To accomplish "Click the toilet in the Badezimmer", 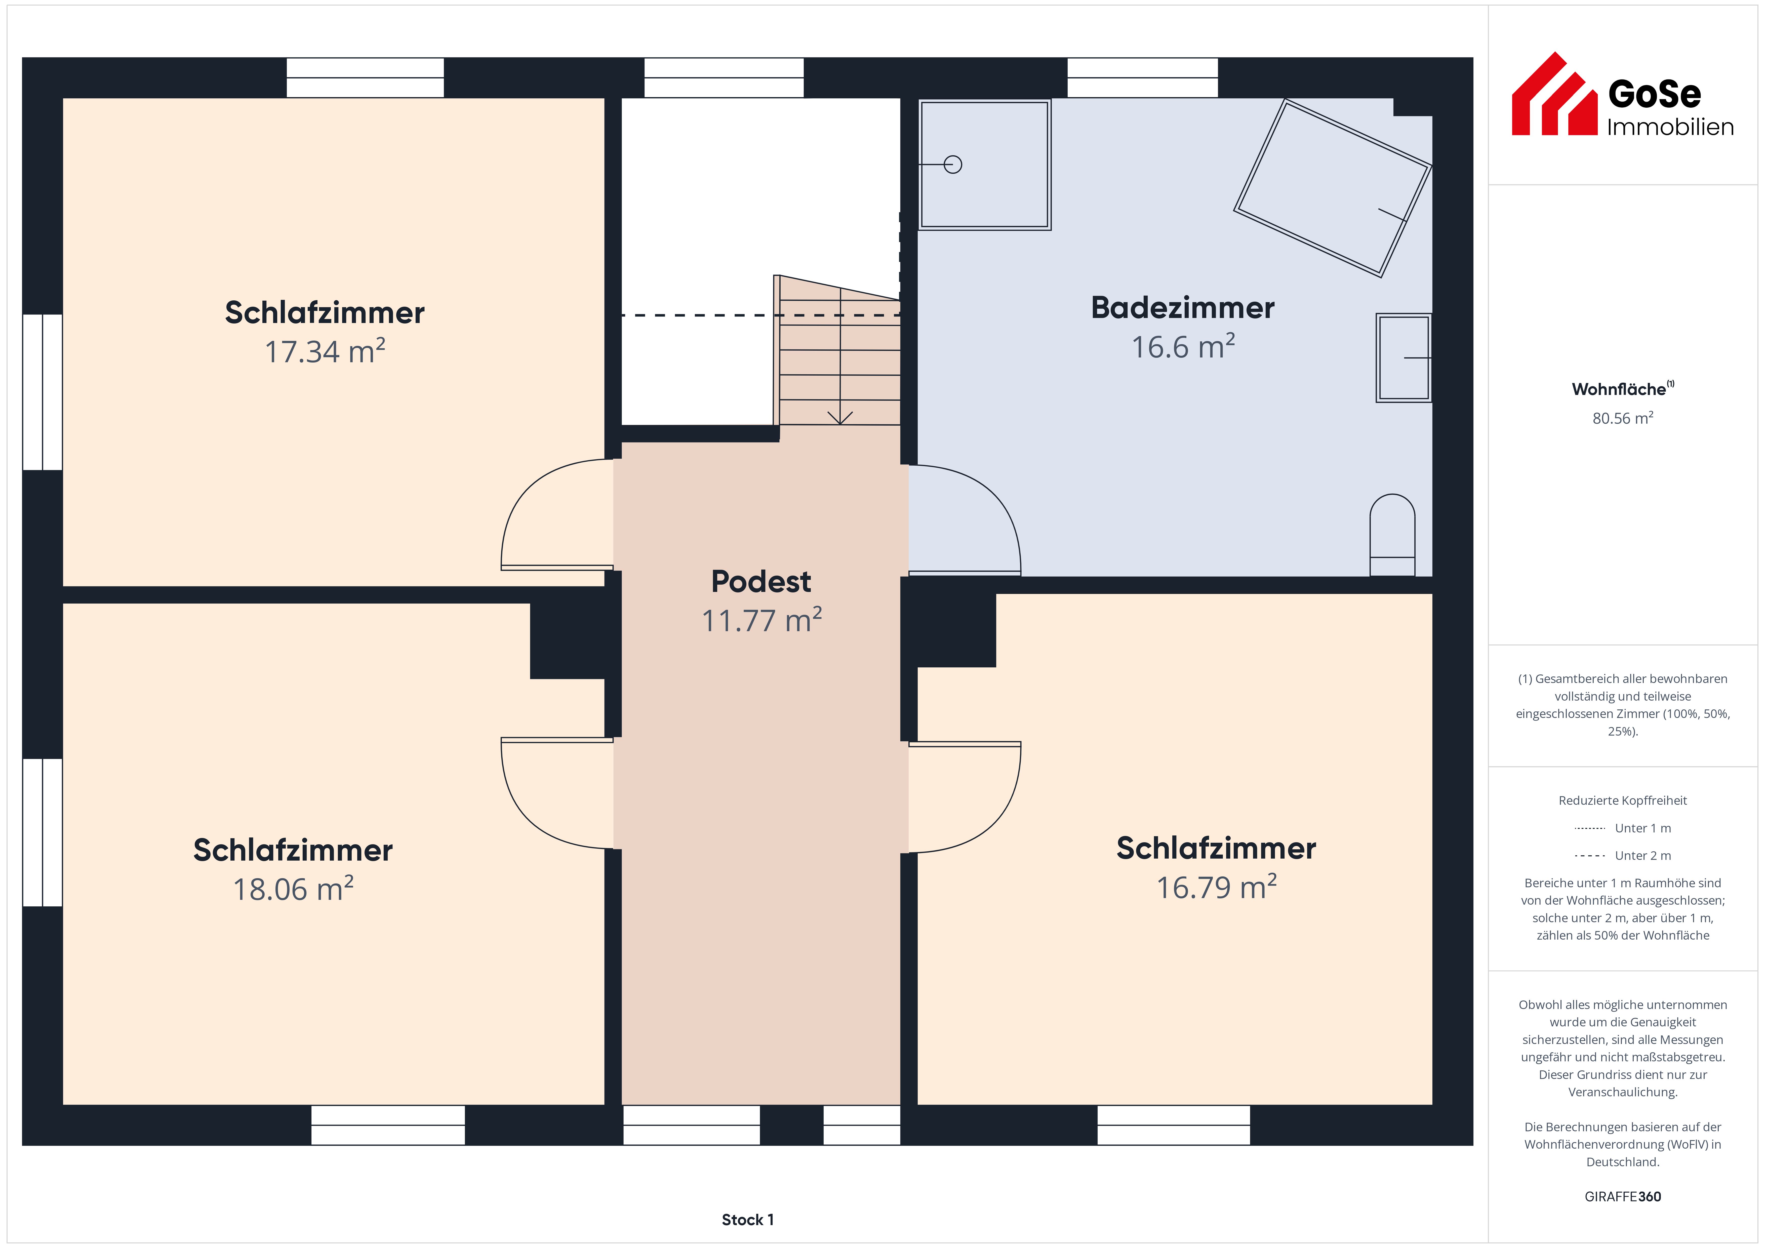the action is (1392, 534).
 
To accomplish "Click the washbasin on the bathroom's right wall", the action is (1404, 357).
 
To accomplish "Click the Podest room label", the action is (761, 581).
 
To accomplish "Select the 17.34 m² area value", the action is (325, 351).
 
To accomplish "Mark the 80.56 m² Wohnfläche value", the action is (1623, 418).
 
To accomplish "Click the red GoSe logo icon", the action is (1554, 94).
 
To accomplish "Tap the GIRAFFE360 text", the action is (1623, 1196).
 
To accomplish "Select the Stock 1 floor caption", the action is (747, 1220).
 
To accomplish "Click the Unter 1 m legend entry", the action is (1623, 828).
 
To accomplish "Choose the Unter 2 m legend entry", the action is (1623, 855).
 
